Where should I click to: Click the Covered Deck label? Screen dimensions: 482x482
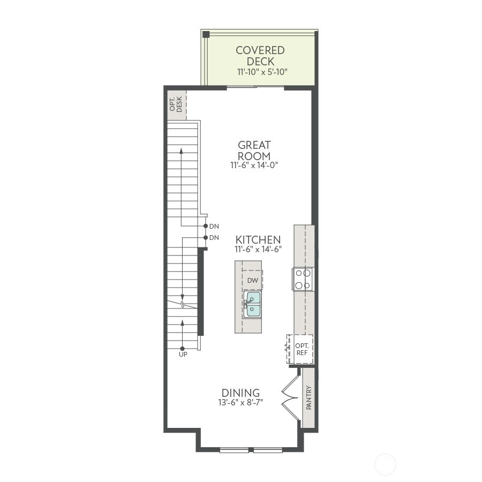[x=260, y=56]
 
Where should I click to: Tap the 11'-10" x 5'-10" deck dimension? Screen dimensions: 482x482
[x=262, y=72]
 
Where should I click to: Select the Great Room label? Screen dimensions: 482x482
[x=254, y=150]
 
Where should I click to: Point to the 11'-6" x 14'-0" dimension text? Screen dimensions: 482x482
[x=254, y=165]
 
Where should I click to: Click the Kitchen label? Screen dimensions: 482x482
[x=258, y=240]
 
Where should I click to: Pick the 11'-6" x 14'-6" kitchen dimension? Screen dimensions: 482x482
[x=258, y=249]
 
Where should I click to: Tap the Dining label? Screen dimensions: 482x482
[x=240, y=393]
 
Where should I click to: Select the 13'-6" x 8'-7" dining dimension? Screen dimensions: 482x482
[x=240, y=402]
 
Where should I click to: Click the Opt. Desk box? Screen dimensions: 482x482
[x=177, y=104]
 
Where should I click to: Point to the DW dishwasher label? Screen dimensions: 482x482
[x=253, y=280]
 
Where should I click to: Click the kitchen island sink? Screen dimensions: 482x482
[x=252, y=304]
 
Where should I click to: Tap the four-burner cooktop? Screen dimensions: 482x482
[x=303, y=279]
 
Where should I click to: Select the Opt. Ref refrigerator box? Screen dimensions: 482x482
[x=300, y=349]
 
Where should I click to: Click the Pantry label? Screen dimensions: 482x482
[x=309, y=398]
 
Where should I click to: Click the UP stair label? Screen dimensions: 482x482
[x=183, y=355]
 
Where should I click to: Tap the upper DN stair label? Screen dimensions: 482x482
[x=214, y=227]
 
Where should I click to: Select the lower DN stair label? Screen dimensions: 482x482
[x=214, y=238]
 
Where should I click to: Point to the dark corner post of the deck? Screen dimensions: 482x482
[x=206, y=34]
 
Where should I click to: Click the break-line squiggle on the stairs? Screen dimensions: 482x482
[x=183, y=305]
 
